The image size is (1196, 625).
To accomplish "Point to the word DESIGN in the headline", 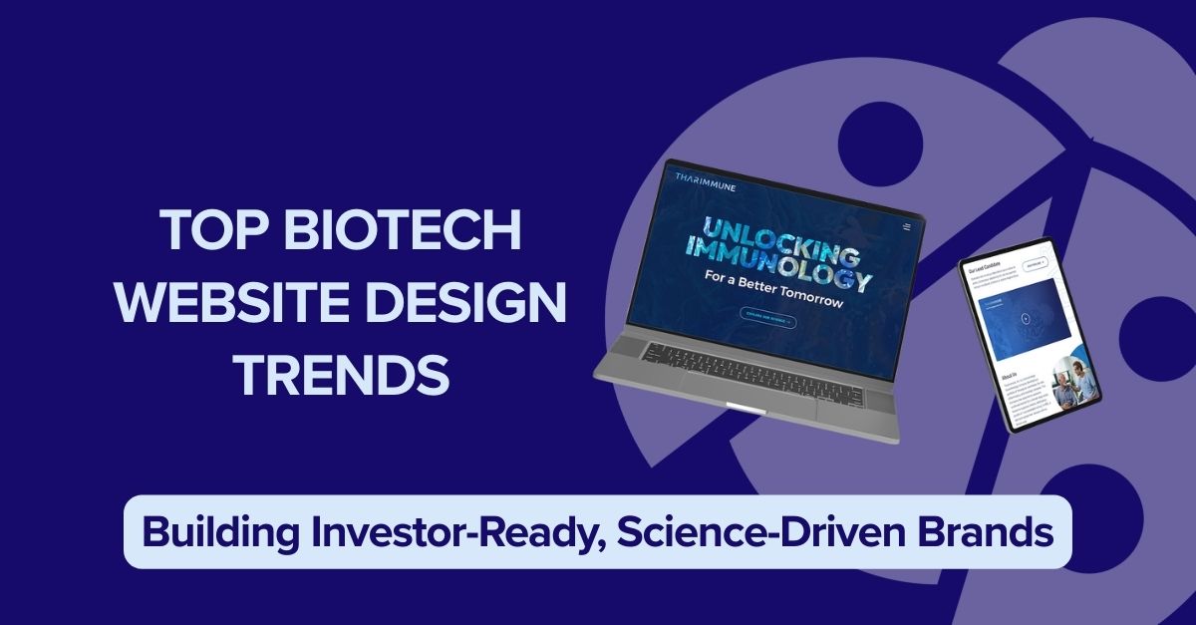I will (x=481, y=303).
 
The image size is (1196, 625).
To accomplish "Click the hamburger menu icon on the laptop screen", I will (x=906, y=227).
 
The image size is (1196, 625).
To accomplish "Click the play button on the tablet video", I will (x=1026, y=318).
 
